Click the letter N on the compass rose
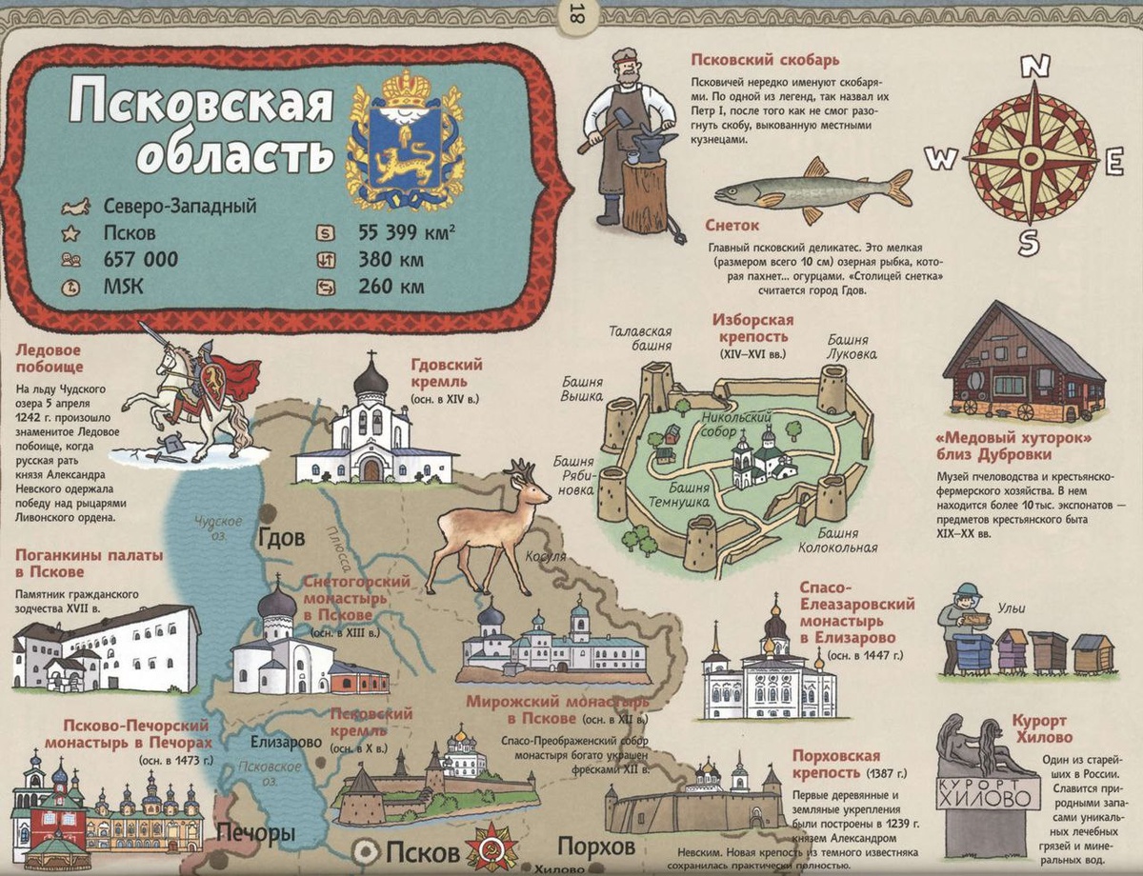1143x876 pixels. (1035, 67)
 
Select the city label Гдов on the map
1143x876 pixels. (281, 538)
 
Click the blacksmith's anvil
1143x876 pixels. (653, 145)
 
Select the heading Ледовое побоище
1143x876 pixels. (50, 357)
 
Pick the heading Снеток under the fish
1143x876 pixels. (732, 227)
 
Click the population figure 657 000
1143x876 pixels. (140, 259)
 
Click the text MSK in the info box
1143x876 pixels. (123, 286)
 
